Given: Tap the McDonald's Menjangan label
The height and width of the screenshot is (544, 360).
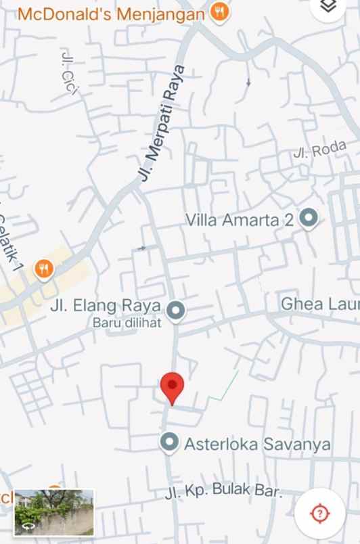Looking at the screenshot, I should (111, 14).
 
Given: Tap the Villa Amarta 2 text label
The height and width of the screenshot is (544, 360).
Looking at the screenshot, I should (240, 220).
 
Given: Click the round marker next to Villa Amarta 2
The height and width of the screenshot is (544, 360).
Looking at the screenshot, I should (309, 219).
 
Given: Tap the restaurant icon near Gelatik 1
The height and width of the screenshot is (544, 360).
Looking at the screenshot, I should (44, 269).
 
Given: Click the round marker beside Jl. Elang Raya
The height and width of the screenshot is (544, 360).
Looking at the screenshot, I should (176, 310).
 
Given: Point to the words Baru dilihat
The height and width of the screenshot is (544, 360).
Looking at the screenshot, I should (127, 323).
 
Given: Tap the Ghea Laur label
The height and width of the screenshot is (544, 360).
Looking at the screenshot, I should (320, 304).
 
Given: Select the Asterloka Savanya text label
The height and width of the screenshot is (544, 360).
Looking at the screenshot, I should (258, 444).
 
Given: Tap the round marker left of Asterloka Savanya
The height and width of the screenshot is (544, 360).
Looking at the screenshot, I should (170, 443).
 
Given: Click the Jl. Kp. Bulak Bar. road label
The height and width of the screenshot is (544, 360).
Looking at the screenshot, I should (223, 492).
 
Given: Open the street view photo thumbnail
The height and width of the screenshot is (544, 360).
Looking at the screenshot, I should (53, 512).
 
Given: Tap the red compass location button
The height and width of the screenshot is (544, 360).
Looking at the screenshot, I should (320, 512).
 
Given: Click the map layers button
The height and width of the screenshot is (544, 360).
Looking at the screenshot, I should (328, 7).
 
